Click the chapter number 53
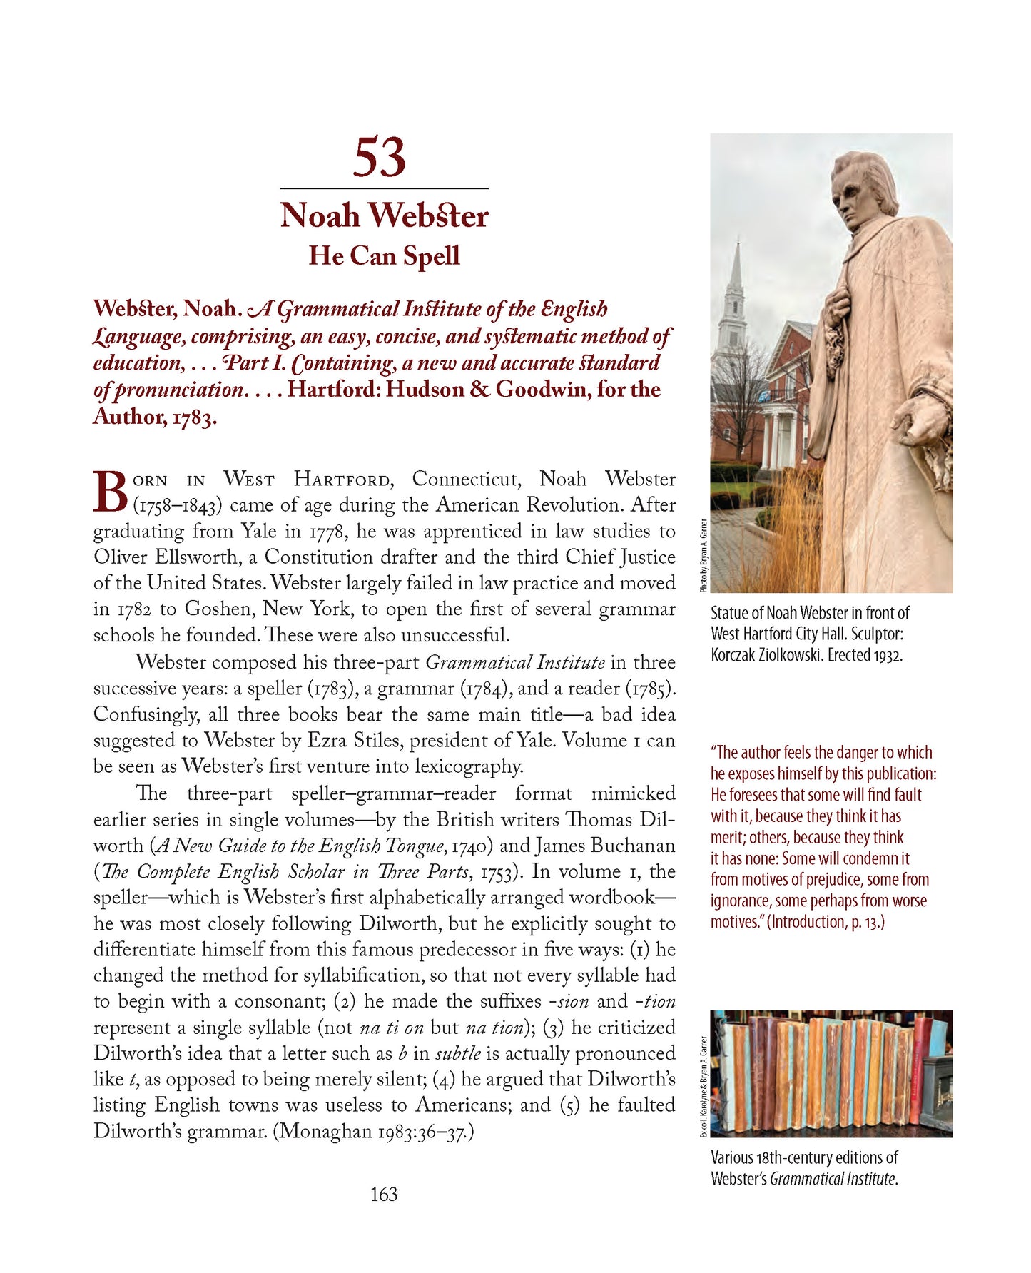(x=379, y=158)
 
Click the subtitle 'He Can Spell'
(x=384, y=255)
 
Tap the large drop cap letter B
(x=111, y=491)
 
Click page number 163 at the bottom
(x=384, y=1194)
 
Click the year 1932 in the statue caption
(x=888, y=655)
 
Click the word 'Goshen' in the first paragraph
(x=216, y=609)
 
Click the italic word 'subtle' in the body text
(x=457, y=1053)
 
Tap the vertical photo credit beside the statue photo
(x=704, y=555)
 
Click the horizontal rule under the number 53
(x=384, y=188)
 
